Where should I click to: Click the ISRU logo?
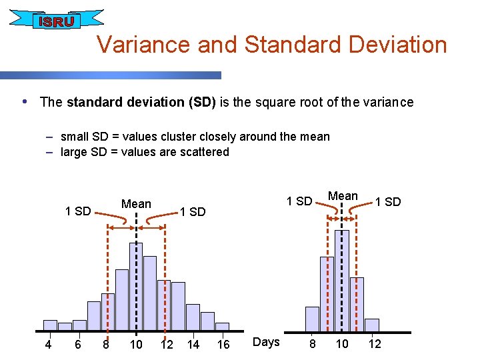[56, 20]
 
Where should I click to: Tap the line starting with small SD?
[195, 137]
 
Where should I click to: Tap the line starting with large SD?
[145, 152]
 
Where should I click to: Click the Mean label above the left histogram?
[136, 203]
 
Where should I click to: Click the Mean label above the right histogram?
[343, 196]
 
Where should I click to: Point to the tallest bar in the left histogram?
[136, 287]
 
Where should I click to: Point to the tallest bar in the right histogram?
[342, 280]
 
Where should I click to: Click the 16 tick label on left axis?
[223, 344]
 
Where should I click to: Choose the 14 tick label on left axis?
[193, 344]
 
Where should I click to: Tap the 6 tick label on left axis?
[78, 344]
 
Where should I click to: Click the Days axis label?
[267, 342]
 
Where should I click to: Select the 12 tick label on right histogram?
[375, 344]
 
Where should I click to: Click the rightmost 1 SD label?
[388, 202]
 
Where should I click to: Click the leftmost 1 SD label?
[77, 211]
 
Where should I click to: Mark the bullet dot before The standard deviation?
[25, 102]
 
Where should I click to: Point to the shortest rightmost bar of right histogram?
[372, 325]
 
